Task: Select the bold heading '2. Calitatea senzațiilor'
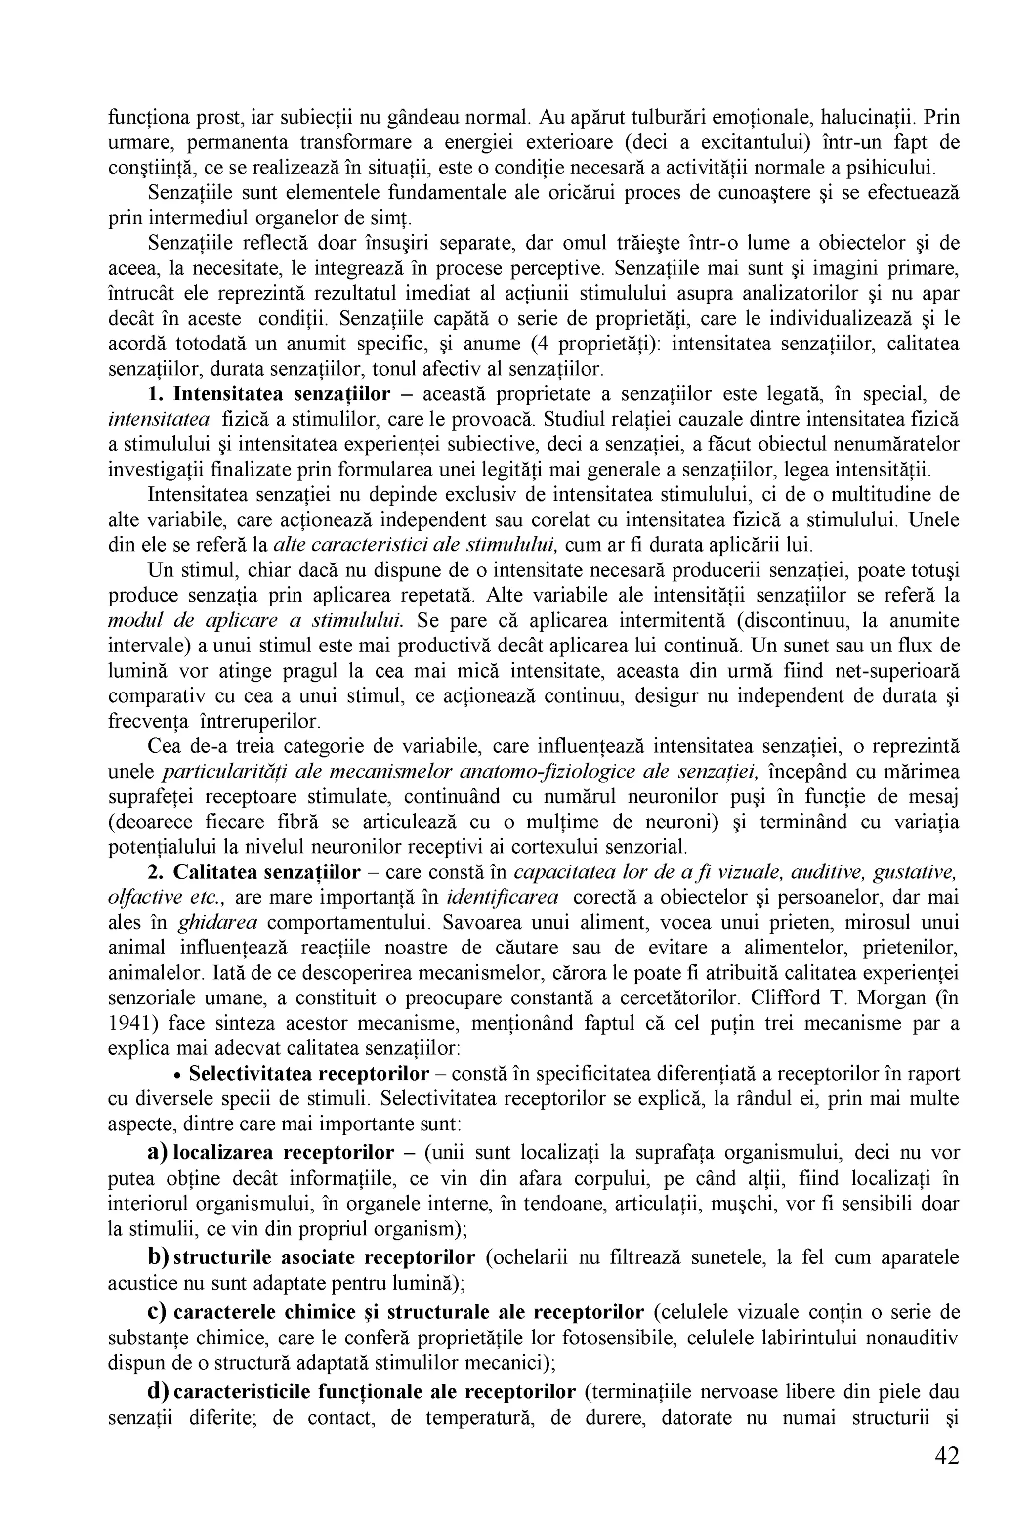click(x=253, y=872)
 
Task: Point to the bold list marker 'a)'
click(x=158, y=1152)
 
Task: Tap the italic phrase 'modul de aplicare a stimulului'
click(x=255, y=620)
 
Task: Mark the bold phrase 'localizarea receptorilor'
click(x=284, y=1152)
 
